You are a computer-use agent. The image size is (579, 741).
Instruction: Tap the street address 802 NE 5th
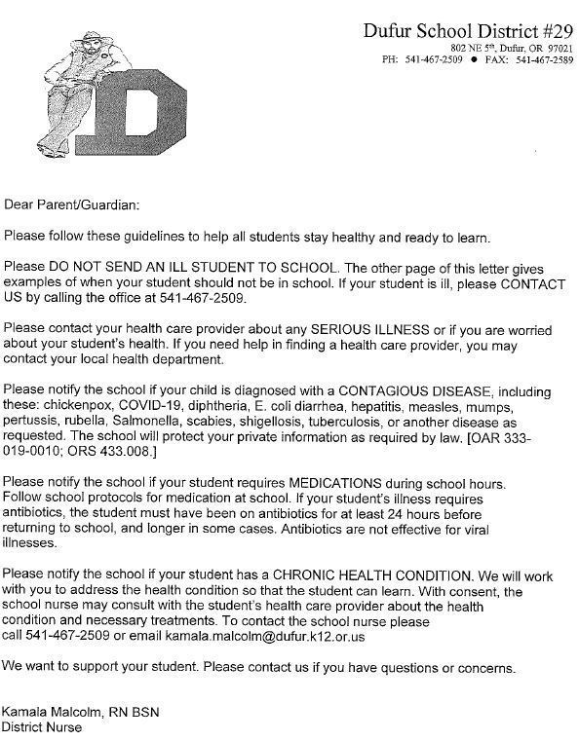click(471, 48)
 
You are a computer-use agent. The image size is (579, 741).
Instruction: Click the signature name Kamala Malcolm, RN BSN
click(80, 712)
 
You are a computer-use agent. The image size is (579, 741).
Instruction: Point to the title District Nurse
click(42, 726)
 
